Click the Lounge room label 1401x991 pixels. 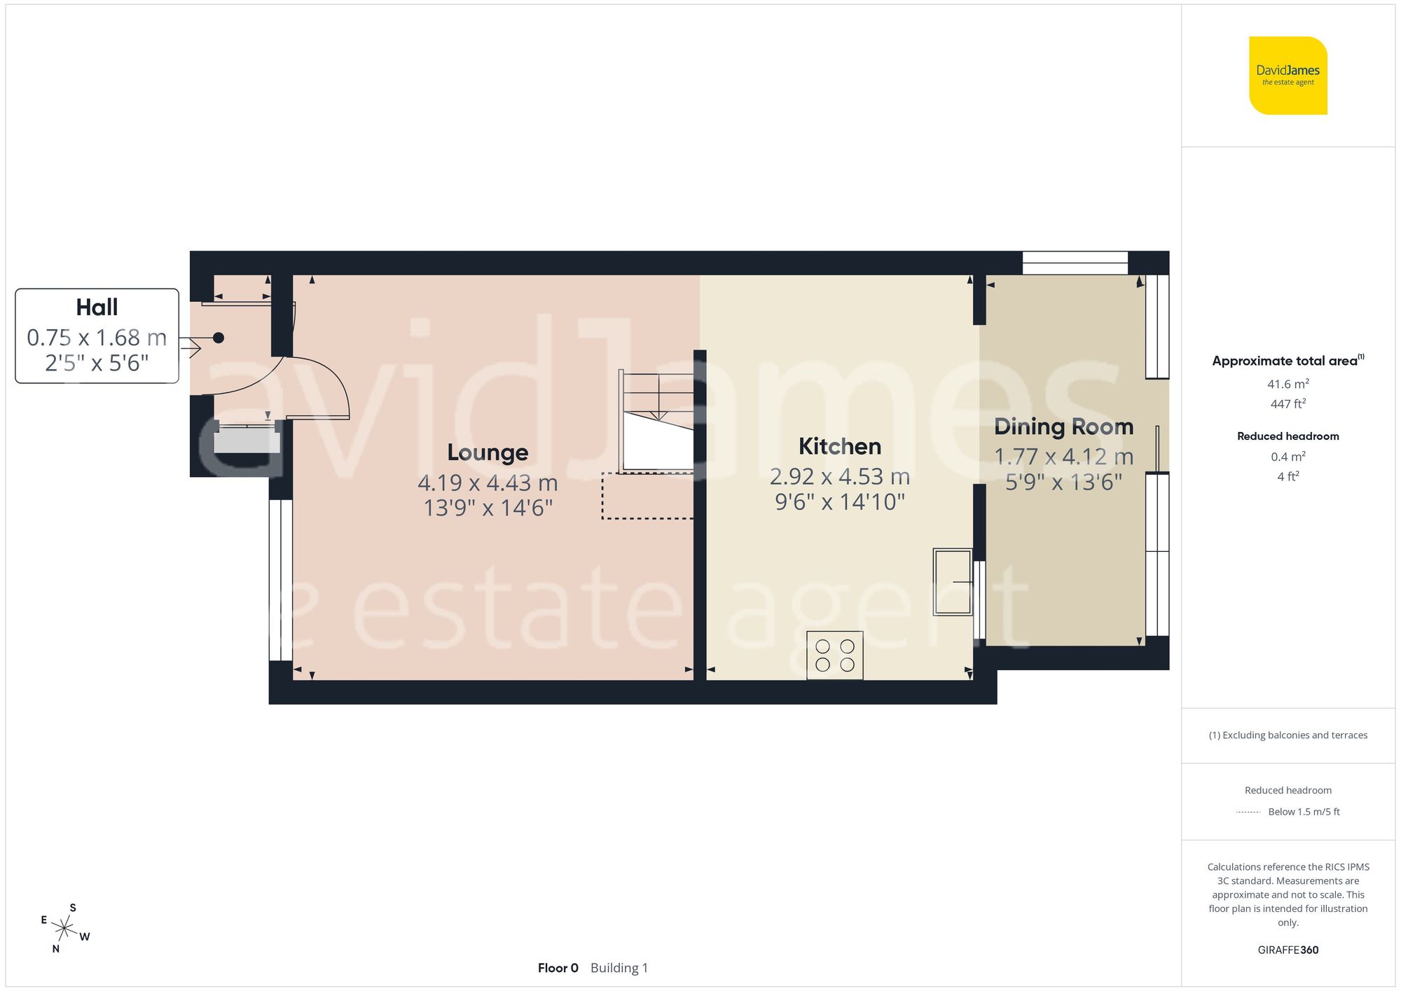pos(488,452)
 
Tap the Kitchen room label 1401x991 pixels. pos(839,446)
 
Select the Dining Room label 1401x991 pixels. pos(1063,427)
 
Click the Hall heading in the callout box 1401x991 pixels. pos(97,307)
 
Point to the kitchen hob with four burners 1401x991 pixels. pos(834,656)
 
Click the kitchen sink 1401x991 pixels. pos(953,582)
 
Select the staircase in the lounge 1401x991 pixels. pos(656,422)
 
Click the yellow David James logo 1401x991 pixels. pos(1288,76)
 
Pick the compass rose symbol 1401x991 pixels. pos(64,929)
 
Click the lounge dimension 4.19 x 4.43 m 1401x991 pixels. pos(488,483)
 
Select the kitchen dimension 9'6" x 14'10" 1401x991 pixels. pos(839,502)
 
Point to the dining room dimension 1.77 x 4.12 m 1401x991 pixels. pos(1063,457)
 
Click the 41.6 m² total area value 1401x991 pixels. pos(1288,384)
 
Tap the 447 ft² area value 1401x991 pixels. pos(1288,404)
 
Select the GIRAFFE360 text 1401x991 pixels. pos(1288,950)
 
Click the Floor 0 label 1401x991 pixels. pos(558,968)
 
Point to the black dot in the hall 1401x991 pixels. pos(219,338)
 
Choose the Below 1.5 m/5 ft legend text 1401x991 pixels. pos(1304,812)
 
